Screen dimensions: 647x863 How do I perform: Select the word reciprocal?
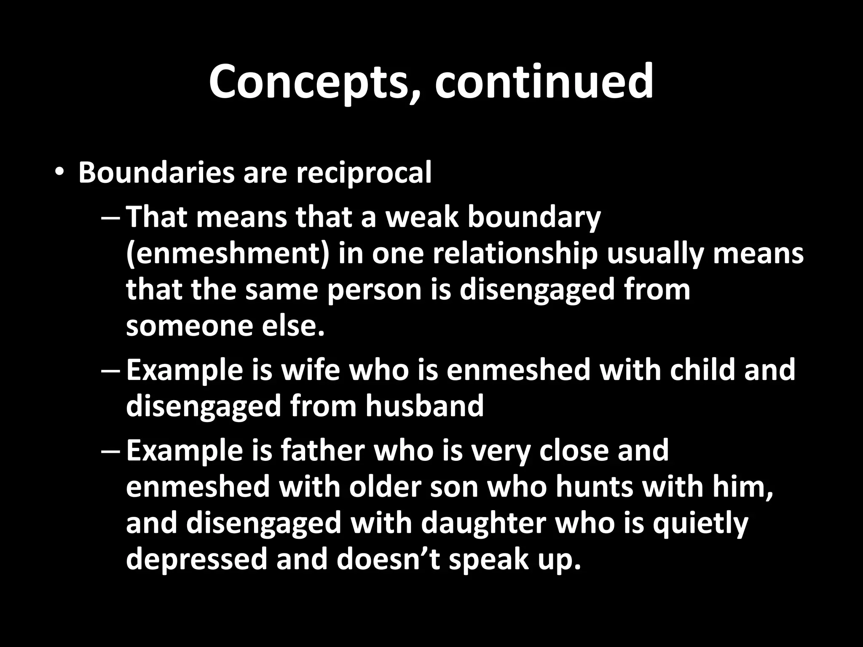tap(364, 174)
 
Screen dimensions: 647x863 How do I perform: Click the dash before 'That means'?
tap(111, 218)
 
